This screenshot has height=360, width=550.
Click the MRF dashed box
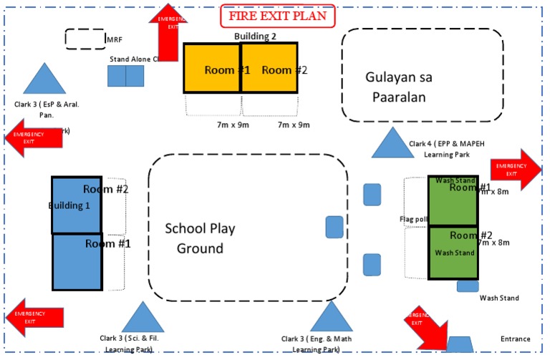pyautogui.click(x=85, y=39)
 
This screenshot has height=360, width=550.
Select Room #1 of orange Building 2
pyautogui.click(x=211, y=69)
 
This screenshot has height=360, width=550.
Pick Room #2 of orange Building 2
pyautogui.click(x=269, y=69)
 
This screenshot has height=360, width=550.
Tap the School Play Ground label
pyautogui.click(x=201, y=238)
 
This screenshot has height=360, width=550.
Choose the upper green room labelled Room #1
pyautogui.click(x=453, y=201)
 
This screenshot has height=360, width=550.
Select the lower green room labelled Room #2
pyautogui.click(x=453, y=253)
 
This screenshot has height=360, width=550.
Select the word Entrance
pyautogui.click(x=516, y=339)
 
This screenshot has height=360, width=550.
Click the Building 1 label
pyautogui.click(x=69, y=205)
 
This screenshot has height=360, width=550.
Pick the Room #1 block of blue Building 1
pyautogui.click(x=77, y=262)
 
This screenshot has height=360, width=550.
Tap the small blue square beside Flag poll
pyautogui.click(x=334, y=227)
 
